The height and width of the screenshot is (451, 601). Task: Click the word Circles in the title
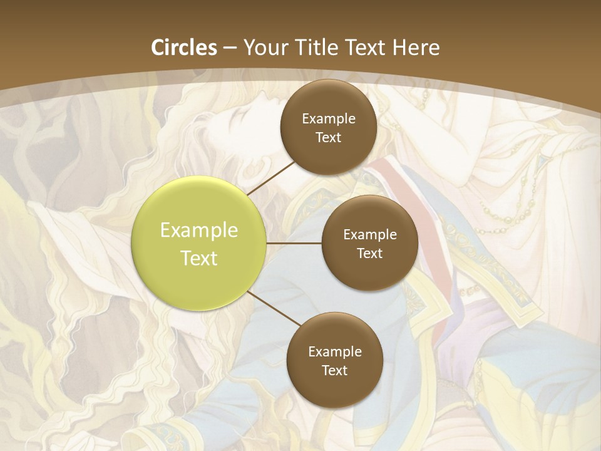[x=184, y=48]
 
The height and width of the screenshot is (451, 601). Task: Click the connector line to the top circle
[x=270, y=177]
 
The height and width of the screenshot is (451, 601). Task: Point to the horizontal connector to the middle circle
[x=294, y=243]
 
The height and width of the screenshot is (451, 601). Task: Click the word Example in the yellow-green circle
[x=199, y=231]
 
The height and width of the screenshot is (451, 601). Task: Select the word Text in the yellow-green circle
[x=199, y=258]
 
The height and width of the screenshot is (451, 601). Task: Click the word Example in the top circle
[x=329, y=119]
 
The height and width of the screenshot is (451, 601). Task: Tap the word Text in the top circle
[x=328, y=138]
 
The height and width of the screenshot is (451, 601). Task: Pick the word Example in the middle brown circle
[x=370, y=235]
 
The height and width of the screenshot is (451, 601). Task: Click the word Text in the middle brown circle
[x=369, y=254]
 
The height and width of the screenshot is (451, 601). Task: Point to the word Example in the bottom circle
[x=335, y=352]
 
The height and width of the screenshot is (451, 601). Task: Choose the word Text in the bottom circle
[x=334, y=371]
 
